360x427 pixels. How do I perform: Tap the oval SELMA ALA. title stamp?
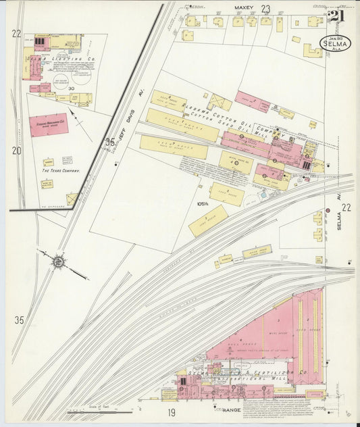[x=335, y=46]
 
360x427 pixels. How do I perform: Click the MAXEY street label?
[x=243, y=8]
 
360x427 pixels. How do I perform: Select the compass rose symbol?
[x=59, y=260]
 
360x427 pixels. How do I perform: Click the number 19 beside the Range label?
[x=172, y=411]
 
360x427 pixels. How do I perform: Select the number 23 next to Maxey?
[x=266, y=9]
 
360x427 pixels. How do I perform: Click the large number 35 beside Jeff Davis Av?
[x=110, y=142]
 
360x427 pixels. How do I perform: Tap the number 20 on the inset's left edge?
[x=16, y=151]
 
